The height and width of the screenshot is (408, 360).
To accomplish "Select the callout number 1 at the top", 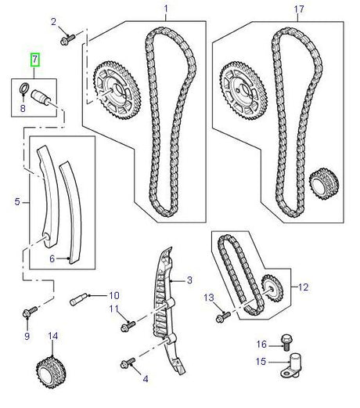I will (x=165, y=9).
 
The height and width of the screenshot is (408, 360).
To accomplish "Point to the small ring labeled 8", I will (x=25, y=87).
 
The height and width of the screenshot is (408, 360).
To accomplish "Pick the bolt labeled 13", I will (x=221, y=316).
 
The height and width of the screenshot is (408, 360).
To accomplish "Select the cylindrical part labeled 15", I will (x=295, y=365).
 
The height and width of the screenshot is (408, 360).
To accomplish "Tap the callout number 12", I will (x=303, y=287).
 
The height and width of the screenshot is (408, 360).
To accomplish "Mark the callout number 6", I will (x=53, y=258).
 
